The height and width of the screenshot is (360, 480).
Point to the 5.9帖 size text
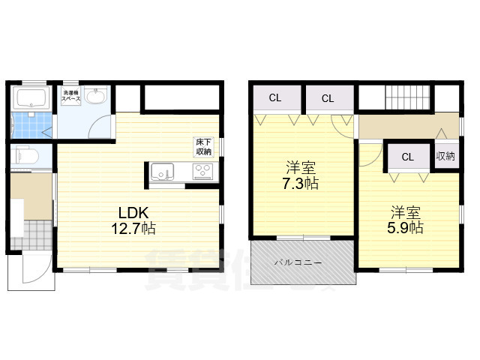(406, 226)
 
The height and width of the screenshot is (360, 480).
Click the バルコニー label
(298, 263)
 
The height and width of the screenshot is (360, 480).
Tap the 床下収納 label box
(204, 146)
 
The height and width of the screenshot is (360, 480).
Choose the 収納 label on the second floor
(445, 157)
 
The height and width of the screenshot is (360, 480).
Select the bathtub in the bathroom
(31, 98)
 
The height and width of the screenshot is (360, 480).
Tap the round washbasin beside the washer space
(95, 97)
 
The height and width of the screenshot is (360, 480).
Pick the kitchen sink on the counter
(162, 173)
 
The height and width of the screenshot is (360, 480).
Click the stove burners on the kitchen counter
(203, 173)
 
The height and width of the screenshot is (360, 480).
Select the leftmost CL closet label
(275, 98)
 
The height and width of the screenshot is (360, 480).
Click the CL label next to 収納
(407, 157)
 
